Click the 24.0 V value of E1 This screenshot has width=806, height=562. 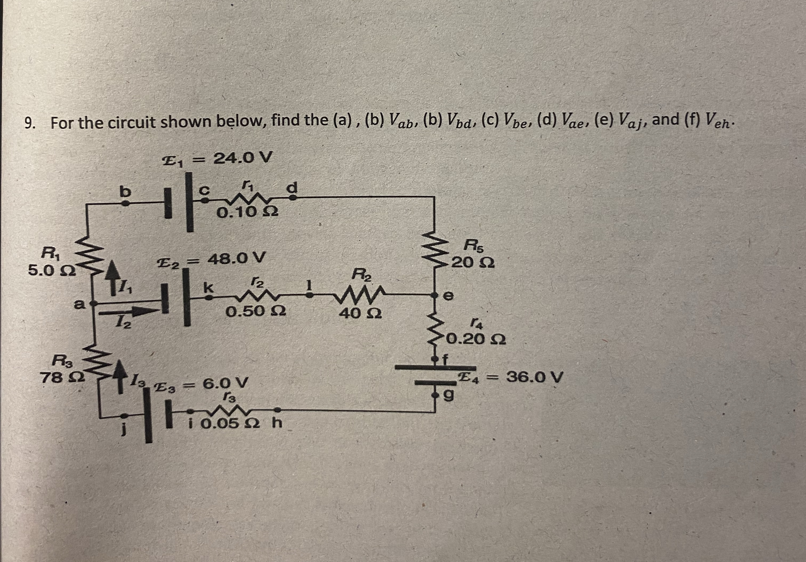coord(243,159)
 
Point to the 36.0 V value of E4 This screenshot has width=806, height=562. coord(534,378)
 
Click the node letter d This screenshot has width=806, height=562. coord(292,188)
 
